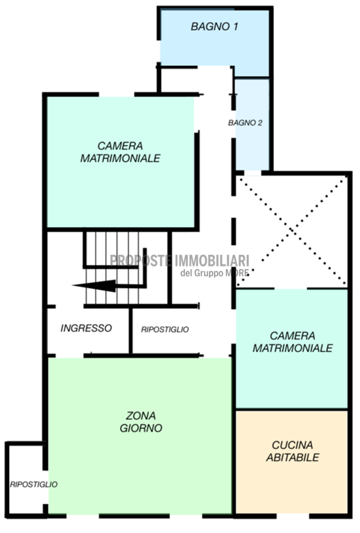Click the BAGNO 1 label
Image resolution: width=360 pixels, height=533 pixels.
pos(214,26)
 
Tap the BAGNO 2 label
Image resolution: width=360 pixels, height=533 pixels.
pos(246,123)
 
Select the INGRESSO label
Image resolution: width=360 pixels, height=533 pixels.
pos(86,328)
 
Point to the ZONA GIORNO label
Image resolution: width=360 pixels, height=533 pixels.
pos(141,421)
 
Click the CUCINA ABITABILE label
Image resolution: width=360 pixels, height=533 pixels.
pos(293,451)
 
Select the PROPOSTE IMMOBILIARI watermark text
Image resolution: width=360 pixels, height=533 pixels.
pos(180,261)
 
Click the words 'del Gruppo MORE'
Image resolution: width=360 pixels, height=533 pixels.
pos(214,273)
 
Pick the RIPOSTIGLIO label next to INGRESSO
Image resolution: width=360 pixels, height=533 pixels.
pos(165,330)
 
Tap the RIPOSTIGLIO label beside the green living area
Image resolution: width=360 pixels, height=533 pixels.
pos(33,484)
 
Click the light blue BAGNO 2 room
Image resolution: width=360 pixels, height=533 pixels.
pos(252,124)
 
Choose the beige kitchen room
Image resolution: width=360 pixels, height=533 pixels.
pos(292,462)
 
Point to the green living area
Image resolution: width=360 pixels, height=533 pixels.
pos(139,436)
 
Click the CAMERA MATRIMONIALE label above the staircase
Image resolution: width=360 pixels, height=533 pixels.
pos(120,152)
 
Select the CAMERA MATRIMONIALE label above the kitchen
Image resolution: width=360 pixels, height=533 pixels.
pos(293,341)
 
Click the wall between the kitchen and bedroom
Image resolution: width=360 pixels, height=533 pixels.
pos(292,409)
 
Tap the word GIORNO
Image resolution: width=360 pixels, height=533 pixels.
pos(141,428)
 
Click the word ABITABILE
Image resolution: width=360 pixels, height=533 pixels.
pos(293,457)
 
